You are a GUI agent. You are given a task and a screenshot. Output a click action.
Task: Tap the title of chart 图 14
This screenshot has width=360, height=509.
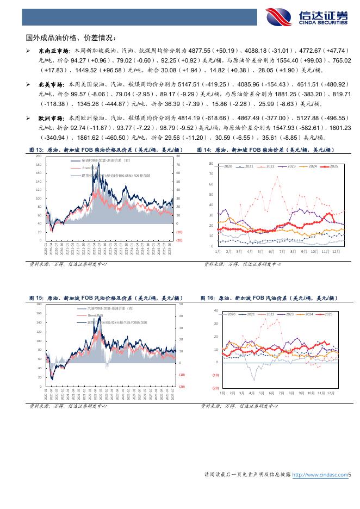pos(266,150)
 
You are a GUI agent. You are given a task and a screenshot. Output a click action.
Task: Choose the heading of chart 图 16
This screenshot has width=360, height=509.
pos(269,298)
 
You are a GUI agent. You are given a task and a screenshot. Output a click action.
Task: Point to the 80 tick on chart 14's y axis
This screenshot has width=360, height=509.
pos(211,163)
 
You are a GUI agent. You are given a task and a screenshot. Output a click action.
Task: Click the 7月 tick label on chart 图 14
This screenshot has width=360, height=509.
pos(282,252)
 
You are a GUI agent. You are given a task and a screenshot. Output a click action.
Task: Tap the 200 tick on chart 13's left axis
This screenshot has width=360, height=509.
pos(39,156)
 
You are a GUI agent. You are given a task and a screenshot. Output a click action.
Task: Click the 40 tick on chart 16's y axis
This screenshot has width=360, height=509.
pos(215,311)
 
